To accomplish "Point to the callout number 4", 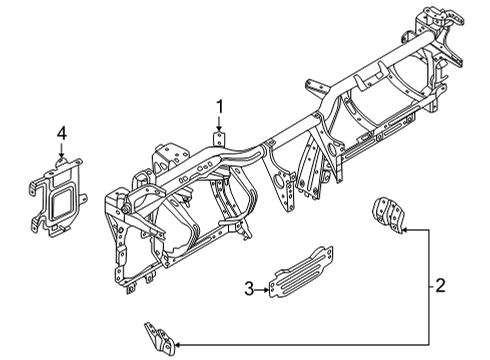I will [x=61, y=133].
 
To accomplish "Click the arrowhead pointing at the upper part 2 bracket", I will [x=409, y=228].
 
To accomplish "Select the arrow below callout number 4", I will [x=61, y=150].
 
